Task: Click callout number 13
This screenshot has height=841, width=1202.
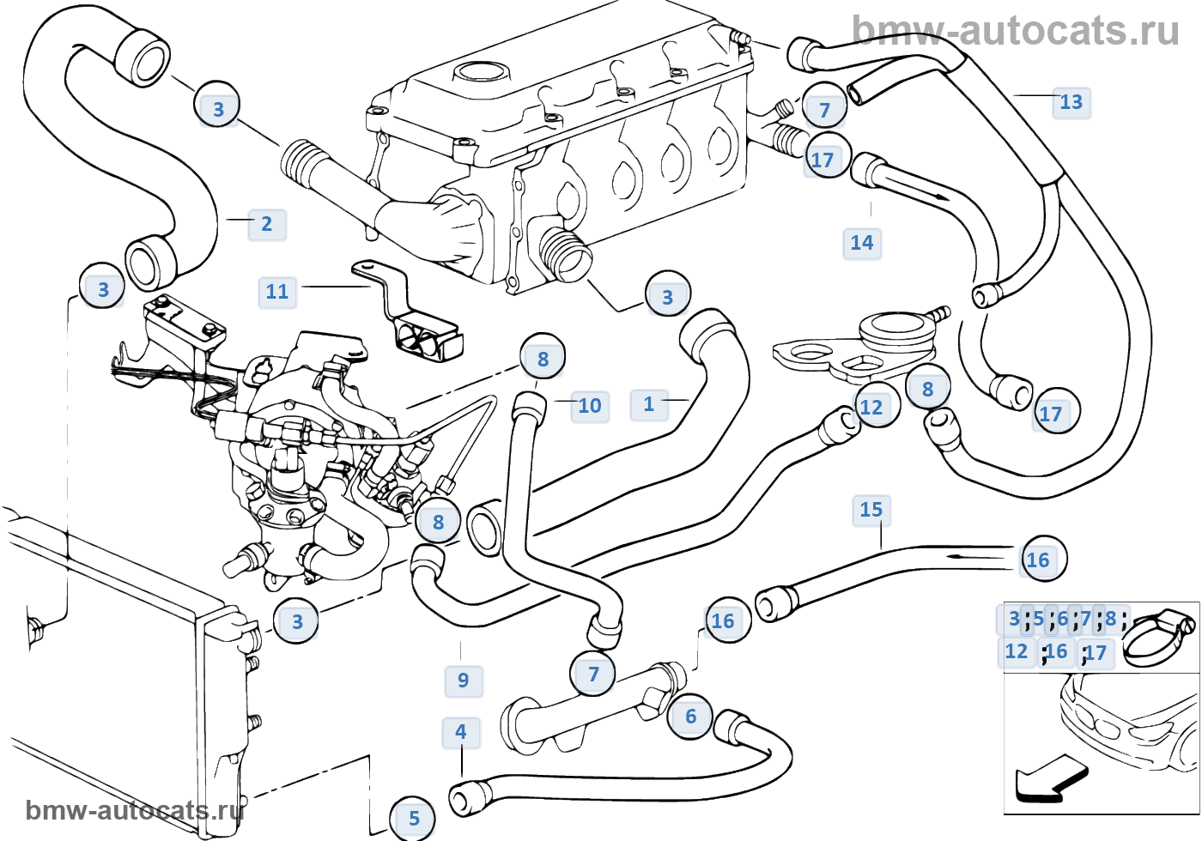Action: [1071, 102]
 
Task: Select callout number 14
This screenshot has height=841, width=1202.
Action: [862, 243]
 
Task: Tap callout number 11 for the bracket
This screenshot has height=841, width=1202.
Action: [276, 292]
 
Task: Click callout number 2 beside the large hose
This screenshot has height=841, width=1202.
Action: [267, 224]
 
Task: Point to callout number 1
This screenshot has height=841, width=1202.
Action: [649, 404]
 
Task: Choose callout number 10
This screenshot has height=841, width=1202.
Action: [590, 406]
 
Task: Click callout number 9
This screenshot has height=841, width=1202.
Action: [463, 681]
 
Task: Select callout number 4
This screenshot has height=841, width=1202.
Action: [461, 733]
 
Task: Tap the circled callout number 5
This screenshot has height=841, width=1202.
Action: [414, 819]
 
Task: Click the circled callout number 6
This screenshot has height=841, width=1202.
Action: [690, 717]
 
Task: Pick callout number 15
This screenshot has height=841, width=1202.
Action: [871, 510]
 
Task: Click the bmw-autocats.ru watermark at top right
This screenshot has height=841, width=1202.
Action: [1015, 31]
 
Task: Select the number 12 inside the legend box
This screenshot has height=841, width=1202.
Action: [1016, 651]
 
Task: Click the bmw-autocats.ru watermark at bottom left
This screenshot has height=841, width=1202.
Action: [135, 810]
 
